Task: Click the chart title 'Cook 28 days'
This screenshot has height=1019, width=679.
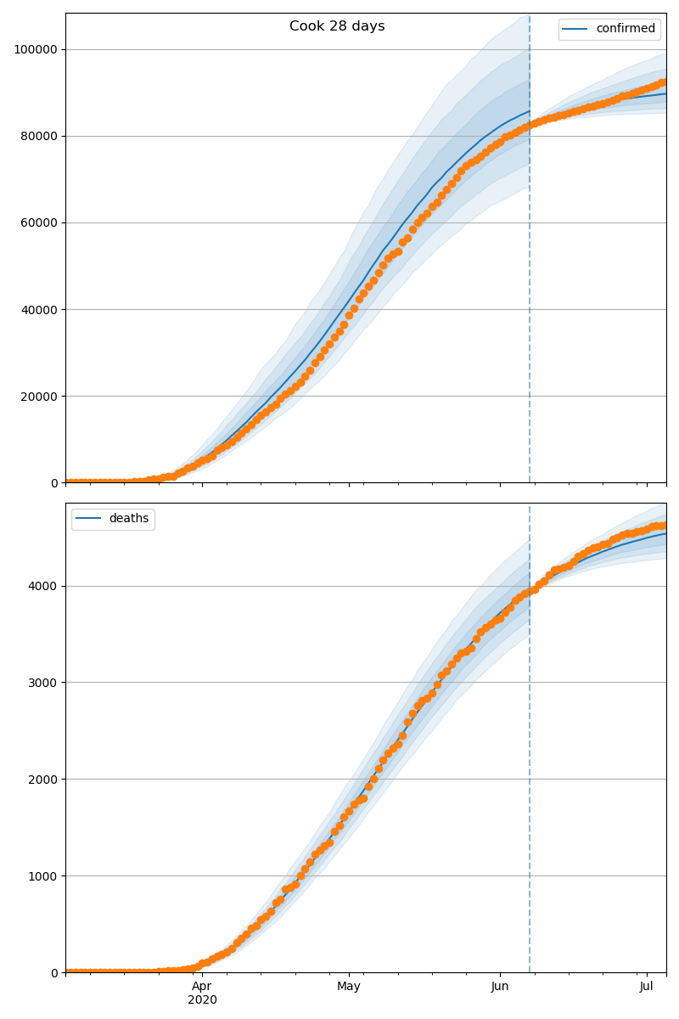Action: click(x=337, y=26)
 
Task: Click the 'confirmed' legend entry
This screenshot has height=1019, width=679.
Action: click(x=625, y=29)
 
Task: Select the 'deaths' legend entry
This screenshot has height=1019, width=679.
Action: click(x=128, y=519)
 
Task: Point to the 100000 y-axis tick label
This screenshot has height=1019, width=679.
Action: click(x=36, y=49)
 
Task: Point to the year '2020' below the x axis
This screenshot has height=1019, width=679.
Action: click(x=202, y=999)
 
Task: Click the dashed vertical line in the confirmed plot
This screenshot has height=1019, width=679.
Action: click(x=530, y=255)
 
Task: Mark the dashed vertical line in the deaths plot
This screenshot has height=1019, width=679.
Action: click(x=530, y=764)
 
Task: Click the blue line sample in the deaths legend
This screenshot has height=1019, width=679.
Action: click(x=89, y=519)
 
